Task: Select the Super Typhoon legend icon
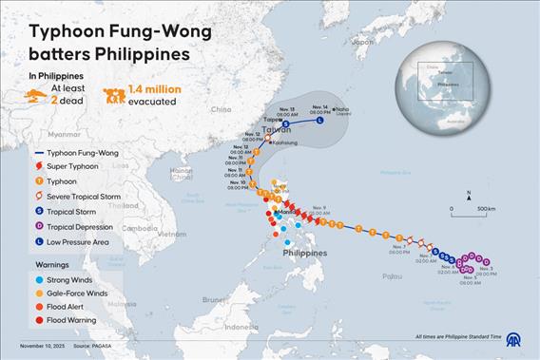pyautogui.click(x=39, y=164)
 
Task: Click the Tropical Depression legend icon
pyautogui.click(x=39, y=227)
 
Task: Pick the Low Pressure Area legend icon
pyautogui.click(x=39, y=242)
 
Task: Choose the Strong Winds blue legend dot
pyautogui.click(x=38, y=281)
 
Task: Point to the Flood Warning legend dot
pyautogui.click(x=38, y=321)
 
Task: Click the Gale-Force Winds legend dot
pyautogui.click(x=38, y=294)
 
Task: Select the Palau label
pyautogui.click(x=381, y=276)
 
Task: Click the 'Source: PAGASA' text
pyautogui.click(x=93, y=351)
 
